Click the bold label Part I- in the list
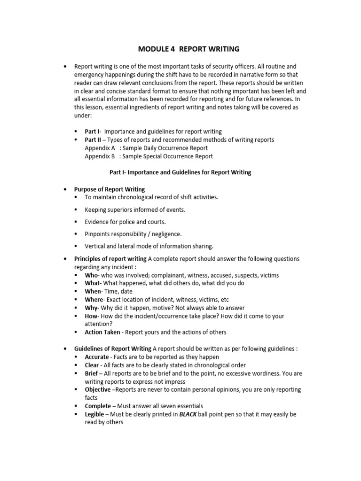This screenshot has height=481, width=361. click(x=93, y=132)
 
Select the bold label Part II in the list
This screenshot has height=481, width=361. click(x=94, y=140)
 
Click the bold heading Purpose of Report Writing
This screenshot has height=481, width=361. click(x=110, y=189)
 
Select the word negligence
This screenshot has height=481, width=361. click(x=165, y=234)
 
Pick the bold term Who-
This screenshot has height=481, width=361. click(x=92, y=275)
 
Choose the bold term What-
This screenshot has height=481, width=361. click(x=93, y=283)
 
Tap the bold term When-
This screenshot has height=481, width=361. click(x=93, y=291)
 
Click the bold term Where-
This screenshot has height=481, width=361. click(x=94, y=299)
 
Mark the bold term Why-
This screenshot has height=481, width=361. click(x=92, y=308)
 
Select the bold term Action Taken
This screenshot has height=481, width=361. click(x=102, y=332)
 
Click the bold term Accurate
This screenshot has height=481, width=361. click(x=97, y=357)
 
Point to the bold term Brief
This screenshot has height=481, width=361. click(x=91, y=373)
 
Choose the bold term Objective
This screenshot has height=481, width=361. click(x=98, y=389)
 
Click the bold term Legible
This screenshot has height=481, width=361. click(x=95, y=414)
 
